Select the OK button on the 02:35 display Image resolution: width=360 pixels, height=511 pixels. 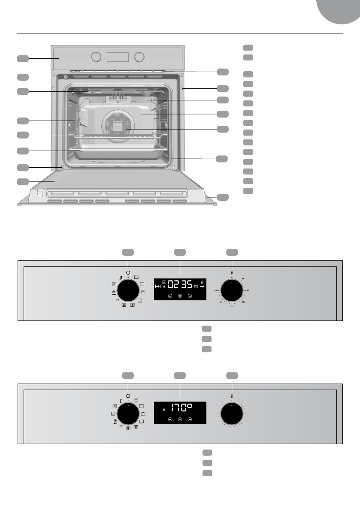point(180,296)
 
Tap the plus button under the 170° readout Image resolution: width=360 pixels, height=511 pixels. point(190,419)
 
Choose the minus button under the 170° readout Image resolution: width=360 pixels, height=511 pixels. point(170,419)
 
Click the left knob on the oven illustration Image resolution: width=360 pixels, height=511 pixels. point(97,57)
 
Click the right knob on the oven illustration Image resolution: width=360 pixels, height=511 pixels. point(139,57)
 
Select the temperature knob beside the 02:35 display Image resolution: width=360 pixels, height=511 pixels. point(232,292)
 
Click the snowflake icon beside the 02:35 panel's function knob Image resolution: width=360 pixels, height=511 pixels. point(113,292)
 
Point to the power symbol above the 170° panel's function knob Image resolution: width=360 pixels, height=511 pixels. point(128,395)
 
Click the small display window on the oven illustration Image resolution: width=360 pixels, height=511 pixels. point(118,57)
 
